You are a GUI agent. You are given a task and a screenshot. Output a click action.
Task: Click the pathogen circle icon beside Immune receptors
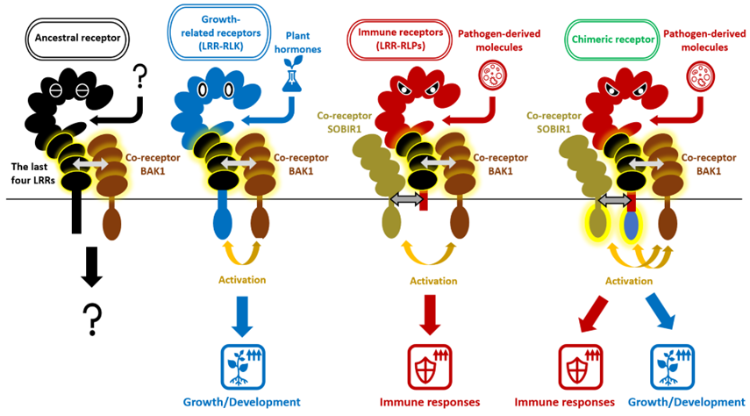[x=496, y=77]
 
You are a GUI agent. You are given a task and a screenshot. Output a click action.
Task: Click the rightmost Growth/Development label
[x=687, y=402]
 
